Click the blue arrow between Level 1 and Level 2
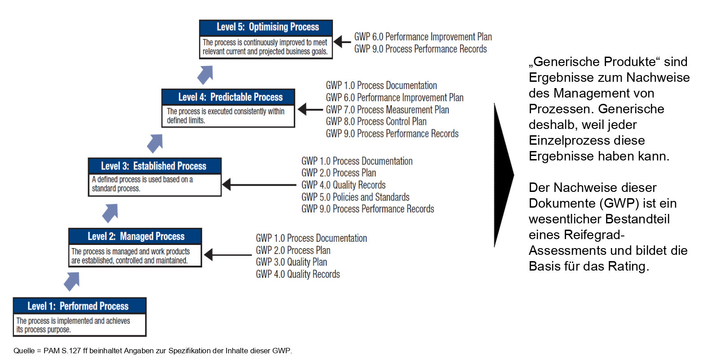72,281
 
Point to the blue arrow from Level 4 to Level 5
205,75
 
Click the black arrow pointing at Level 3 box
259,185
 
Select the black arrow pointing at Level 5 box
342,42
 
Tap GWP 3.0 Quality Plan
292,262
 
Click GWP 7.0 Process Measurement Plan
388,110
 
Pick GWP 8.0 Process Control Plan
376,121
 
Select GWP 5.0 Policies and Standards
355,197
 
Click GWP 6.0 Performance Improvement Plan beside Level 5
423,37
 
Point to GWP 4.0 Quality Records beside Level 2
298,274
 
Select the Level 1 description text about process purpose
73,325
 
